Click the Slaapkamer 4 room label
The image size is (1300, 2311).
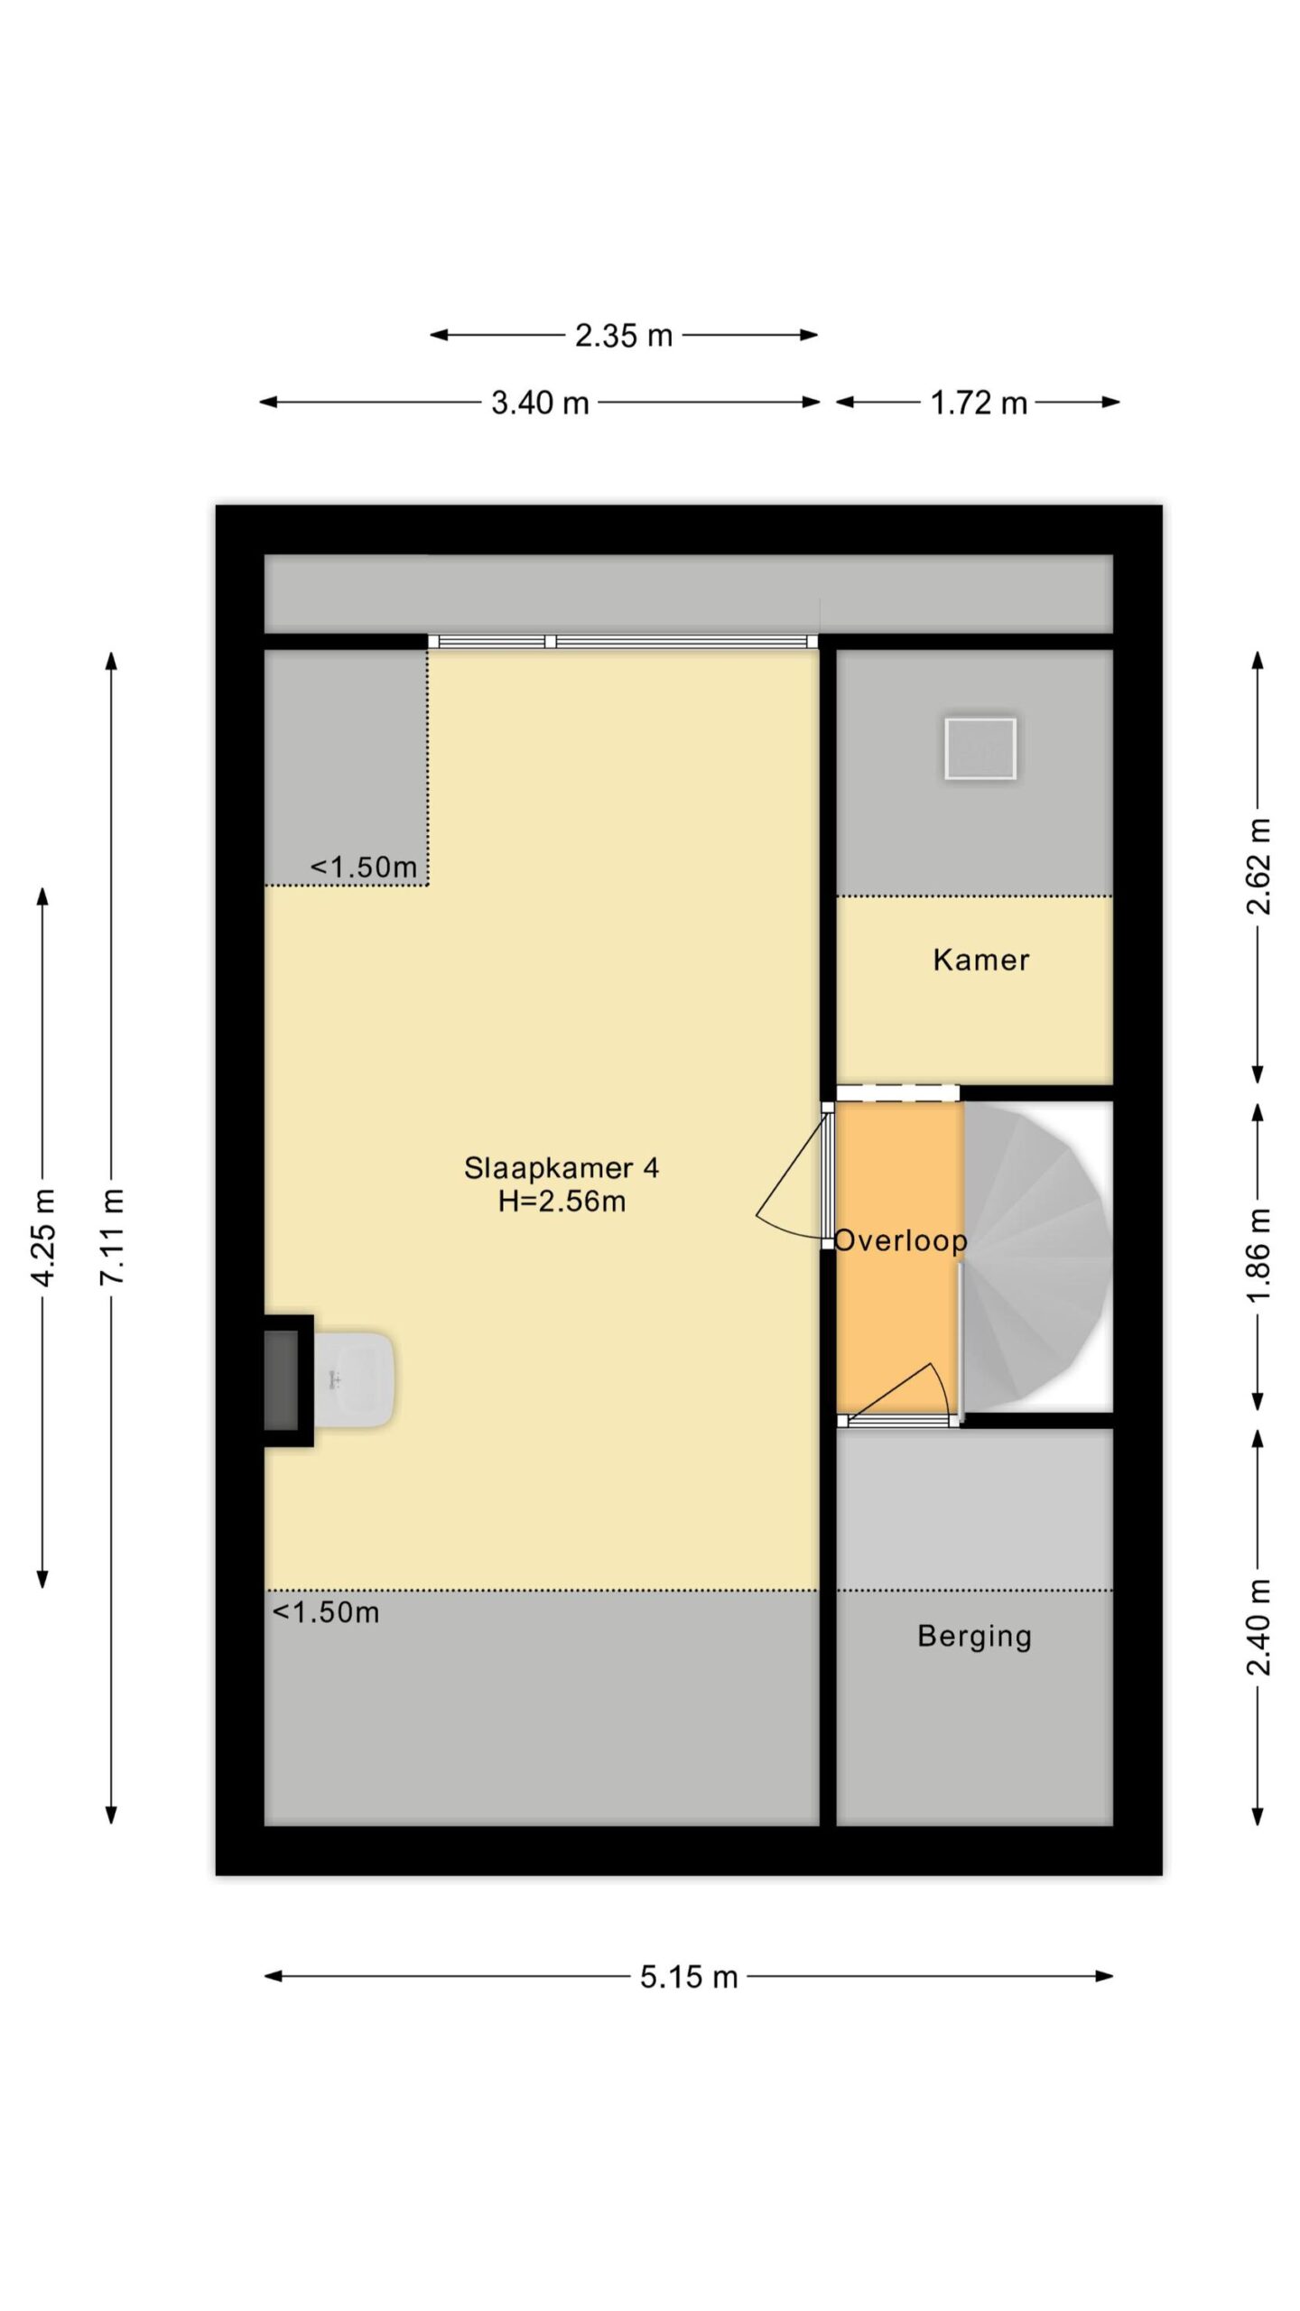[561, 1168]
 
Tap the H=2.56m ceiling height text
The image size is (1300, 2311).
[562, 1202]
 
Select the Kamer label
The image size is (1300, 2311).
[980, 960]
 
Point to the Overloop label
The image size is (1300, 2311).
[900, 1241]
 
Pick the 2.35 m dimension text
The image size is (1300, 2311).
[624, 336]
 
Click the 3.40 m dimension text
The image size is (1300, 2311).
[540, 403]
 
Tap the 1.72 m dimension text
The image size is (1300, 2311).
[979, 403]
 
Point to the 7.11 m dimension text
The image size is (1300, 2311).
[112, 1237]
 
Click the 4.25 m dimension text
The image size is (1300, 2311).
[43, 1237]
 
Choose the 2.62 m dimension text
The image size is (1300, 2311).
[1258, 866]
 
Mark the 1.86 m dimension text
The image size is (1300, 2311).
[1258, 1255]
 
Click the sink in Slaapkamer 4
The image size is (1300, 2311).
[354, 1380]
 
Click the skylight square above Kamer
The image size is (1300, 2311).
[980, 748]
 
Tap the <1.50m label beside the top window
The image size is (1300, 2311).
[363, 868]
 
